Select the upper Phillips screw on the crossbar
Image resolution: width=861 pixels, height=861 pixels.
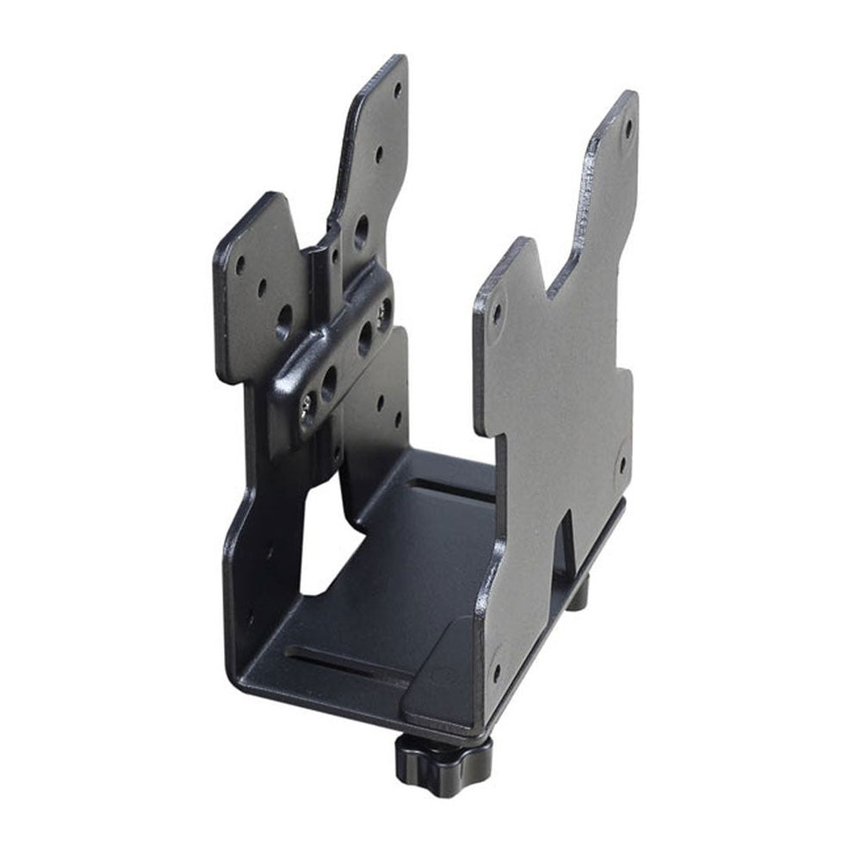coord(384,307)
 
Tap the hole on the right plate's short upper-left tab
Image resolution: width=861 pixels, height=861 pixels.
coord(497,311)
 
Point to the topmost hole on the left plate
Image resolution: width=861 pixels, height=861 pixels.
coord(398,88)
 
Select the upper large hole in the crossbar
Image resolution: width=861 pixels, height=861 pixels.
coord(365,337)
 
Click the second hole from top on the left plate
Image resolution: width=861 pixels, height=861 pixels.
coord(379,155)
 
